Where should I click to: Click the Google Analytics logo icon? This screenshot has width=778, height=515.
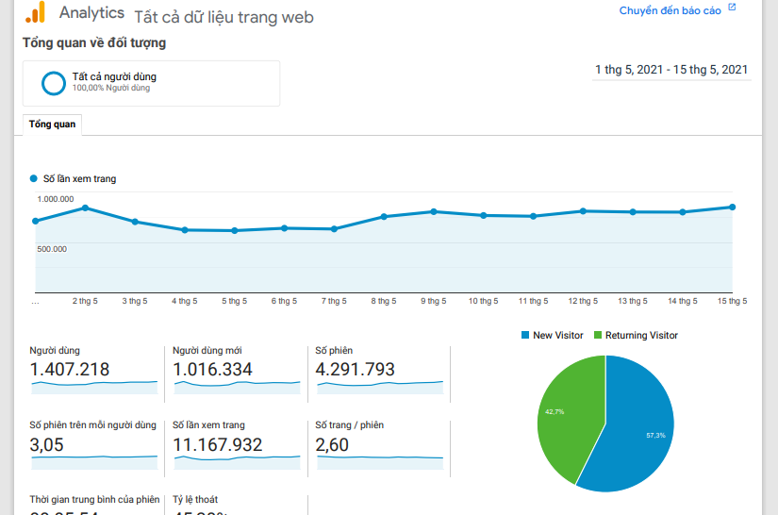pos(35,13)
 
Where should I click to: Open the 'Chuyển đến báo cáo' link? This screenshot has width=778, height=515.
pos(670,11)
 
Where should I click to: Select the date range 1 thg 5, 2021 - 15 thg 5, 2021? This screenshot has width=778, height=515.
pos(671,70)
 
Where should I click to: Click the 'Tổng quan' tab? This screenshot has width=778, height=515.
pos(52,125)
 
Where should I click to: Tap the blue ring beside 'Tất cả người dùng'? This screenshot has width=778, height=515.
pos(54,83)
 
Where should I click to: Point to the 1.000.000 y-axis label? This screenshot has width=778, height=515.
pos(56,199)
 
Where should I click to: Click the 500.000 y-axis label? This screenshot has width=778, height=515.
pos(52,249)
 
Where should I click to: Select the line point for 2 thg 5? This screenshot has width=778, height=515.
pos(86,208)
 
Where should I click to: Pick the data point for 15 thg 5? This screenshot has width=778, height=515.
pos(732,207)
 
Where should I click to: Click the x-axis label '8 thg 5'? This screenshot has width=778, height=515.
pos(384,301)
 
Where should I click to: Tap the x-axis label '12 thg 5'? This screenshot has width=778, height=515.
pos(582,301)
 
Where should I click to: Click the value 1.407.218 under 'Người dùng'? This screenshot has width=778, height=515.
pos(70,370)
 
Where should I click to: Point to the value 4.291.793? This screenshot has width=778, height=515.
pos(356,370)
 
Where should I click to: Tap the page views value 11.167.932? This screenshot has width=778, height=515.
pos(218,445)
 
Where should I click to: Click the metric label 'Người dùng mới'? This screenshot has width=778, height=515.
pos(207,351)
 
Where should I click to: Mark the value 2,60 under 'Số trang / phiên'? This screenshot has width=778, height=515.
pos(332,445)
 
